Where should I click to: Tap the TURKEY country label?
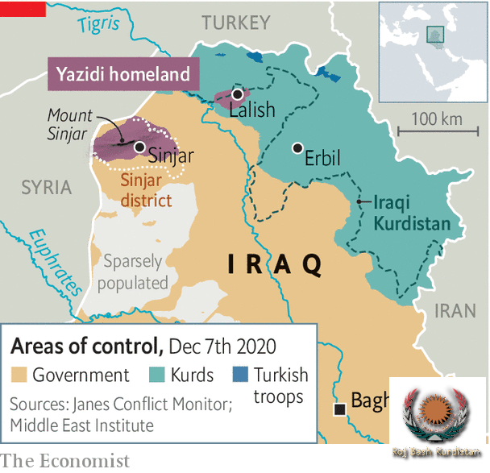tap(235, 23)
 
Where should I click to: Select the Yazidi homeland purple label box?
tap(123, 75)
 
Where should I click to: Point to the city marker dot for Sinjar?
tap(140, 147)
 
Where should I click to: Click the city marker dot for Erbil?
tap(298, 148)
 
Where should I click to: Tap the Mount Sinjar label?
tap(70, 125)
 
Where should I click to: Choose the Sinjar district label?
tap(147, 188)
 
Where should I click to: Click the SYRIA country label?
tap(46, 188)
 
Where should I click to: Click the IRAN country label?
tap(455, 311)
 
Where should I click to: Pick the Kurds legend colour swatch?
tap(158, 375)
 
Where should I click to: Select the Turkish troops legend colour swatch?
tap(239, 375)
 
